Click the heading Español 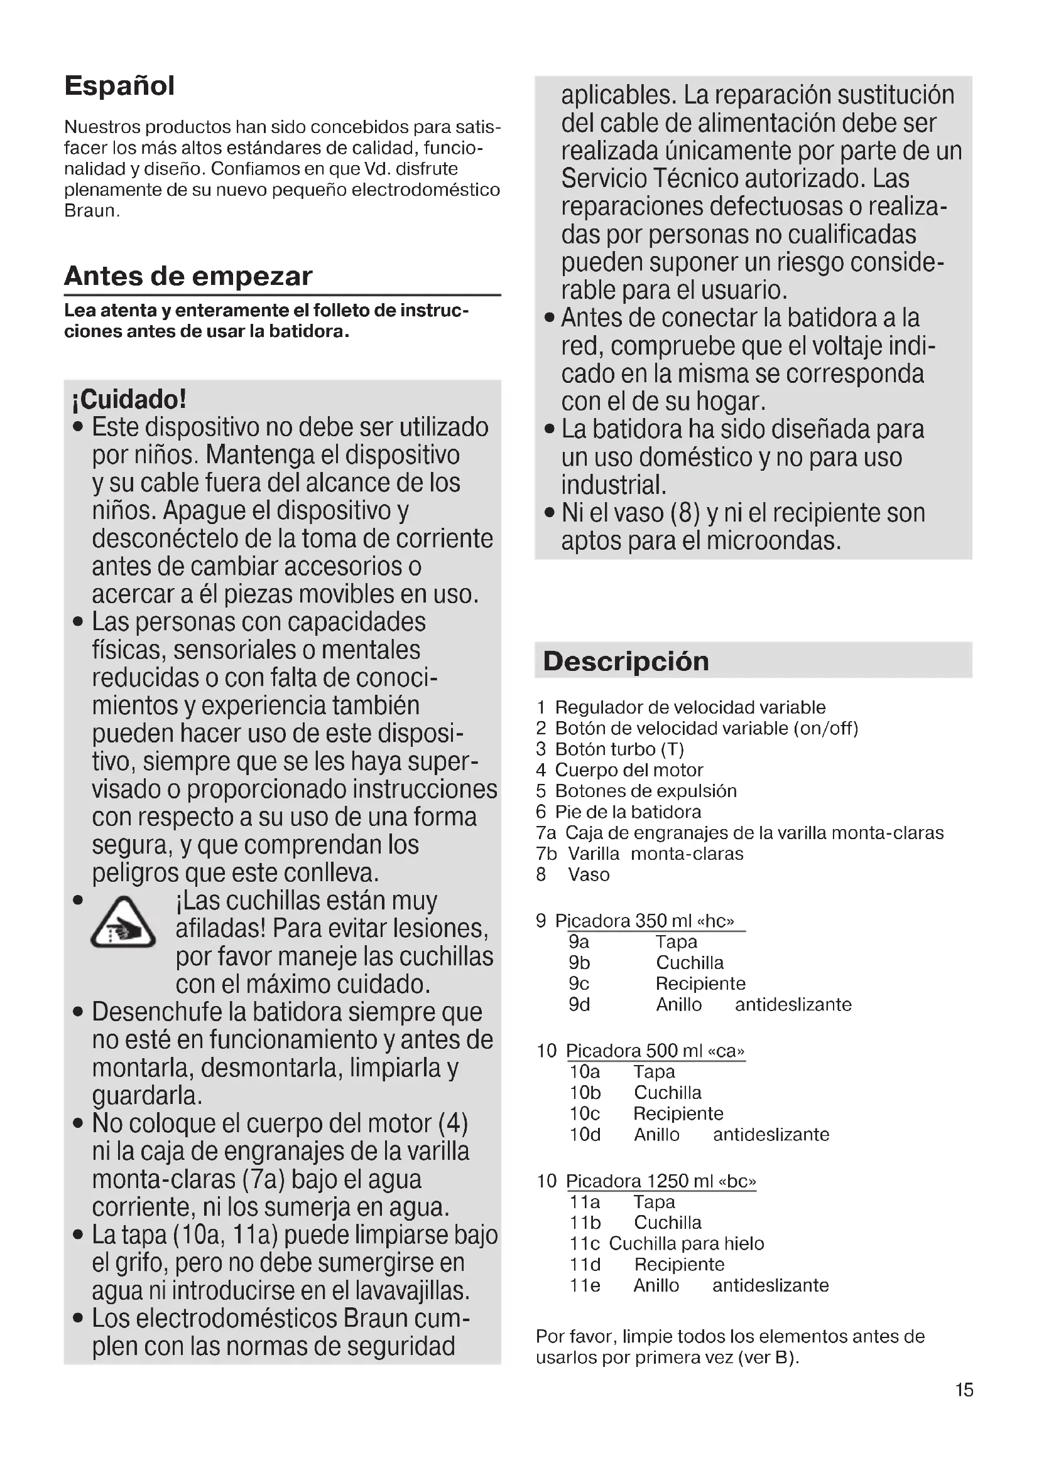pyautogui.click(x=119, y=87)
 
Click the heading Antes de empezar pyautogui.click(x=188, y=276)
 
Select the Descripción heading pyautogui.click(x=626, y=661)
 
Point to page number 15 pyautogui.click(x=964, y=1390)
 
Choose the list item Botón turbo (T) pyautogui.click(x=619, y=749)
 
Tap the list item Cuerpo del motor pyautogui.click(x=628, y=770)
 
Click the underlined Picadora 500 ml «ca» pyautogui.click(x=655, y=1051)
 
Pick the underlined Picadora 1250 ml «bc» pyautogui.click(x=661, y=1181)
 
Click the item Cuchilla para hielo pyautogui.click(x=686, y=1243)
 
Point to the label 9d pyautogui.click(x=579, y=1004)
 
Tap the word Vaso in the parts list pyautogui.click(x=589, y=875)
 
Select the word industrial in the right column pyautogui.click(x=614, y=485)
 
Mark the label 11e pyautogui.click(x=585, y=1285)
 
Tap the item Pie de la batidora pyautogui.click(x=628, y=812)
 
